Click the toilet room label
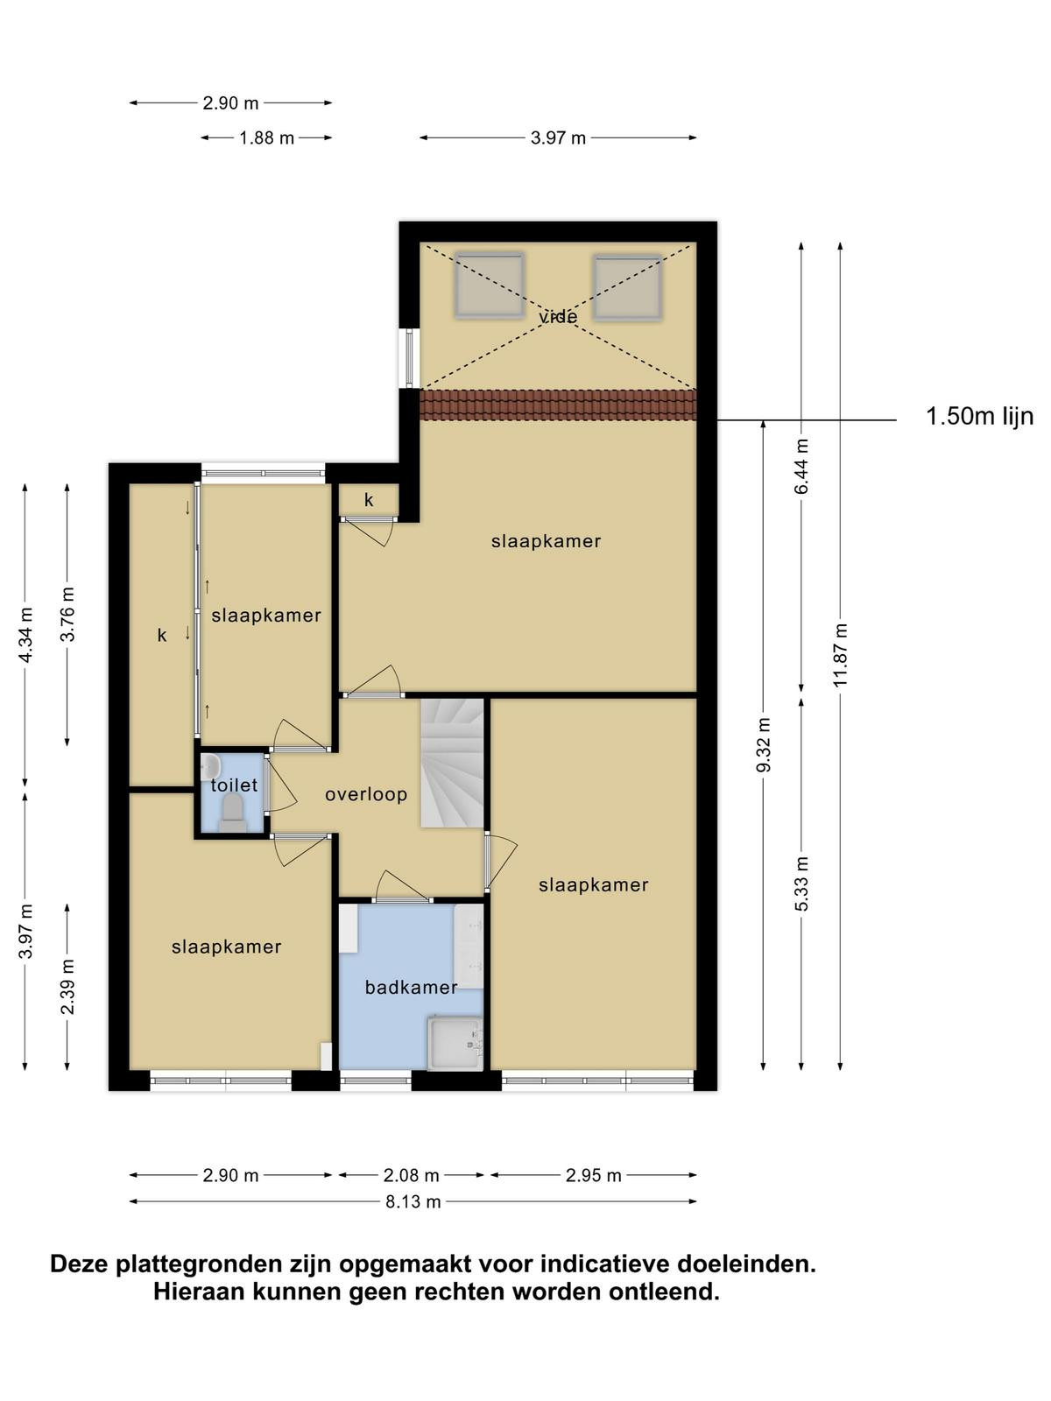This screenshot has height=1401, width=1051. click(x=234, y=785)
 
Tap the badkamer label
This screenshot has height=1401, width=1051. click(x=411, y=988)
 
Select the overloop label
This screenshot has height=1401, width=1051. click(x=366, y=795)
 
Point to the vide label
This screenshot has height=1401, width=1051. click(x=559, y=317)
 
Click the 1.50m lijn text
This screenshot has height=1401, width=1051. click(x=979, y=417)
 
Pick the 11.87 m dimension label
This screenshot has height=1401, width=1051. click(x=840, y=655)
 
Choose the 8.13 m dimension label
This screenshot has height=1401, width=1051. click(x=413, y=1202)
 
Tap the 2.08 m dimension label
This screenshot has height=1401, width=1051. click(x=411, y=1175)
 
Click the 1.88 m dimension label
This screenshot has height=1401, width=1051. click(x=267, y=137)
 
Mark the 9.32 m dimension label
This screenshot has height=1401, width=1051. click(x=763, y=745)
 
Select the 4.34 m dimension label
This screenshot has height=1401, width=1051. click(x=25, y=635)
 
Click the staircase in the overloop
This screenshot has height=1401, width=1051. click(x=452, y=764)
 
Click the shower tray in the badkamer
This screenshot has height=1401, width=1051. click(x=455, y=1042)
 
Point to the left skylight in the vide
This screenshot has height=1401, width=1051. click(x=490, y=285)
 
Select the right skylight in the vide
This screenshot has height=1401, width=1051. click(x=628, y=286)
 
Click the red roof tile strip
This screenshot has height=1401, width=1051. click(x=559, y=405)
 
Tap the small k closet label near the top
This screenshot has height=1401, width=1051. click(x=369, y=500)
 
